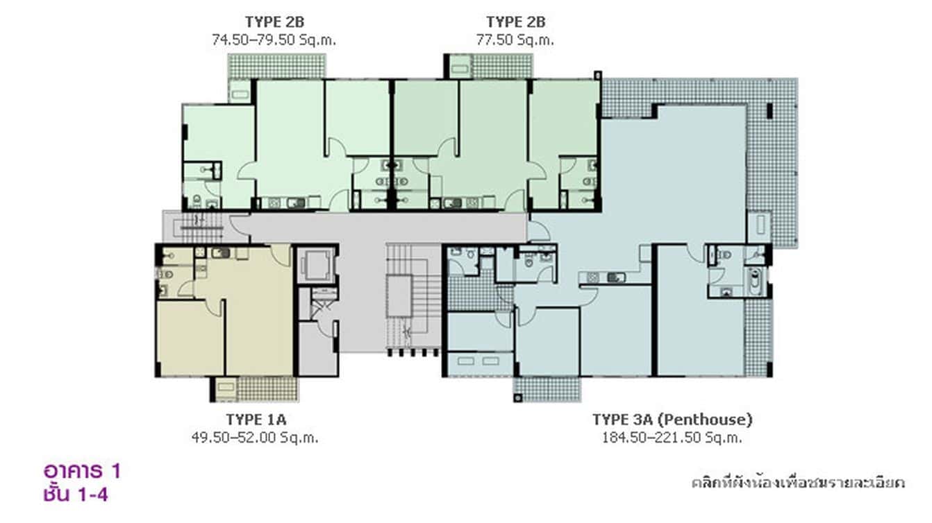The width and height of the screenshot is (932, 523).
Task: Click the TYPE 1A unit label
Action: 256,420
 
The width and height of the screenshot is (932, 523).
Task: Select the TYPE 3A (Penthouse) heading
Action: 672,420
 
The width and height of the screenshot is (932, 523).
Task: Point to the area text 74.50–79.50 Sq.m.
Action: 274,40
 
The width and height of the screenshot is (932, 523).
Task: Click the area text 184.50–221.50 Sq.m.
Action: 672,438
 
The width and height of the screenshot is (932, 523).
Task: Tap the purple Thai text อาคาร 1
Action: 82,472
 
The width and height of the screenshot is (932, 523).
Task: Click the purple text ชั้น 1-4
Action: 75,494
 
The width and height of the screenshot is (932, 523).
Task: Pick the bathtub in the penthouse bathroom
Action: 755,282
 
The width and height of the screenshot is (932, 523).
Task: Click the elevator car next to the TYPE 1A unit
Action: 316,264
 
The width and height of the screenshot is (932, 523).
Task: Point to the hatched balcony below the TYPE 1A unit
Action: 267,389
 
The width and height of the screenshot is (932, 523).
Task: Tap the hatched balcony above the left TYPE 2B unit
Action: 277,66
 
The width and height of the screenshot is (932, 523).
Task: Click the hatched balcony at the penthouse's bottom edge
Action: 547,388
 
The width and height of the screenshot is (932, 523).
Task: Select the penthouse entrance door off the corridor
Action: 537,230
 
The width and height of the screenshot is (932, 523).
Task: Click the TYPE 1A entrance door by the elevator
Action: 281,255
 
